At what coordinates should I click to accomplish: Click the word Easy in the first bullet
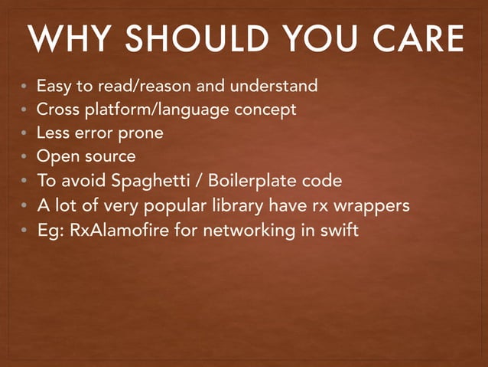(54, 85)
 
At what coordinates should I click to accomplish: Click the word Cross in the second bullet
(58, 110)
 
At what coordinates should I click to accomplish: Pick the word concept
(265, 110)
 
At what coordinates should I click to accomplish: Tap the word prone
(142, 133)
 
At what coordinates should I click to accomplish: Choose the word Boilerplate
(254, 182)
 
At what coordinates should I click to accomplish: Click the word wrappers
(371, 206)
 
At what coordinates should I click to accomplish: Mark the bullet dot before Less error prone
(24, 134)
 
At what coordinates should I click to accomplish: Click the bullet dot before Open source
(24, 158)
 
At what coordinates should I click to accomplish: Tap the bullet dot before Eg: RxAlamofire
(24, 231)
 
